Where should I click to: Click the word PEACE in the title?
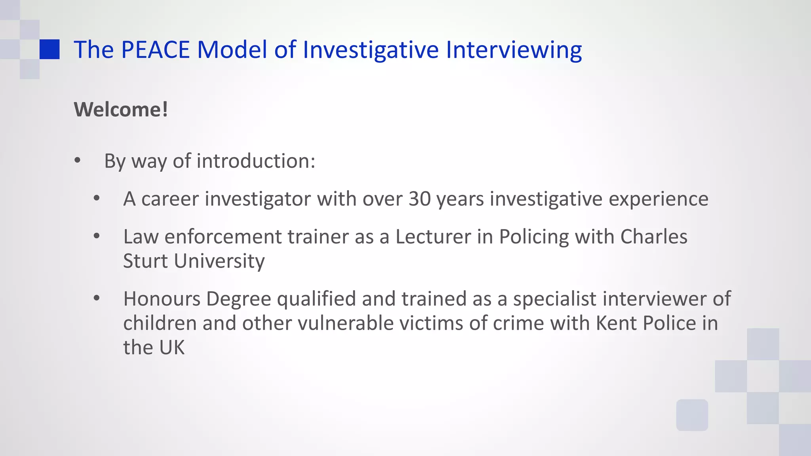pos(155,50)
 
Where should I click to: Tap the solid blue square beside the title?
pos(49,49)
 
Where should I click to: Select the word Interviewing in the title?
pos(514,50)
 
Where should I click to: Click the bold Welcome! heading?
pos(121,109)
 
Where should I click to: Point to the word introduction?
pos(256,161)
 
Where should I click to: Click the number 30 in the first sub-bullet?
pos(419,199)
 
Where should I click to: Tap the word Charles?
pos(653,237)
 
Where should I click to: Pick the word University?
pos(219,261)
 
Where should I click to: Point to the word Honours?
pos(162,298)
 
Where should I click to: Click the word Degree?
pos(238,299)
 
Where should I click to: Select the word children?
pos(160,323)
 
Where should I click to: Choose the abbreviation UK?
pos(172,348)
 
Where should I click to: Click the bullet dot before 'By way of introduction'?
pos(78,161)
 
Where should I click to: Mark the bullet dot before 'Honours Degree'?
pos(97,298)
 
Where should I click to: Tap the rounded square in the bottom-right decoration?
pos(692,415)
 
